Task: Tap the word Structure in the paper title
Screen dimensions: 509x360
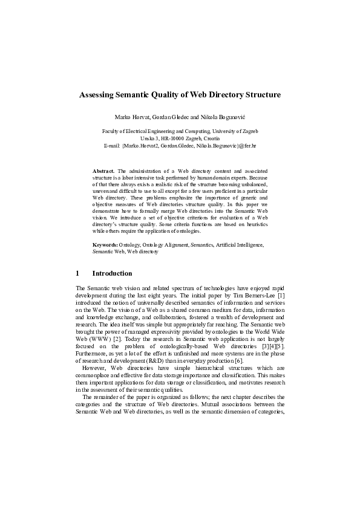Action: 261,95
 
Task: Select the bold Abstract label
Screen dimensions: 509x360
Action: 103,172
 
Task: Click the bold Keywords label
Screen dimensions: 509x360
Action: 105,245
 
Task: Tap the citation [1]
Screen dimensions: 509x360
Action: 281,296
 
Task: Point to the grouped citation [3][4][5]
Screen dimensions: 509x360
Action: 270,346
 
